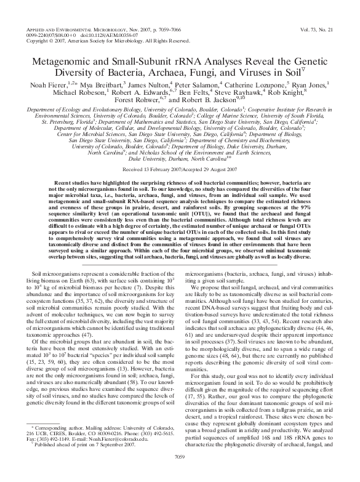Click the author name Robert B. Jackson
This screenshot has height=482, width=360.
pos(204,100)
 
